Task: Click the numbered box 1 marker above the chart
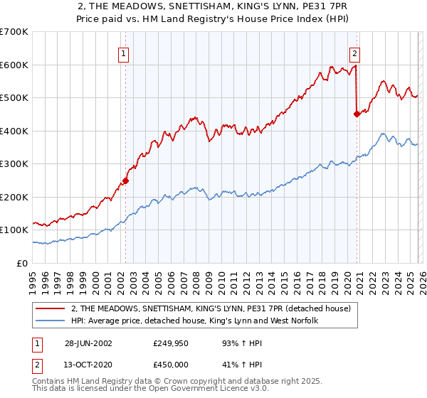[x=124, y=52]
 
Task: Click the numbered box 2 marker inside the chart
[x=354, y=52]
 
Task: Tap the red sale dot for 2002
[x=125, y=181]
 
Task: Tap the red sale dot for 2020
[x=357, y=114]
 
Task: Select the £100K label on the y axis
[x=14, y=230]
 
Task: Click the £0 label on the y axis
[x=23, y=263]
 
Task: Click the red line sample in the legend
[x=51, y=309]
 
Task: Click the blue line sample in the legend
[x=51, y=321]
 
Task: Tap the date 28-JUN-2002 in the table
[x=88, y=343]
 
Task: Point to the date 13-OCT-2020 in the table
[x=88, y=365]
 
